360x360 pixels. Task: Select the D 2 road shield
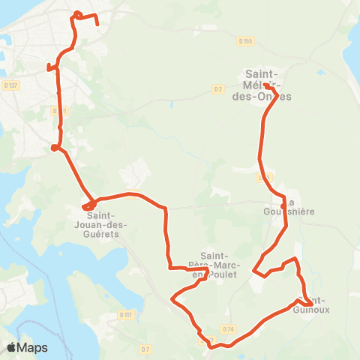tap(218, 89)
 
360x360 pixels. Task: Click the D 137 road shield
tap(9, 84)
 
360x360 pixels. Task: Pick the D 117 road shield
tap(125, 315)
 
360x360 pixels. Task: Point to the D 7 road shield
tap(145, 349)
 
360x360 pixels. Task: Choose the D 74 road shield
tap(229, 328)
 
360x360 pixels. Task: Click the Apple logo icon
tap(12, 347)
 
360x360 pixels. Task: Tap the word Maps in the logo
tap(33, 348)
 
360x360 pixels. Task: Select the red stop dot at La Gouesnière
tap(283, 205)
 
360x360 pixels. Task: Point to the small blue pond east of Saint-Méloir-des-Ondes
tap(320, 73)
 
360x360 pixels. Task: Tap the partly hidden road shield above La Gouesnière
tap(264, 178)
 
